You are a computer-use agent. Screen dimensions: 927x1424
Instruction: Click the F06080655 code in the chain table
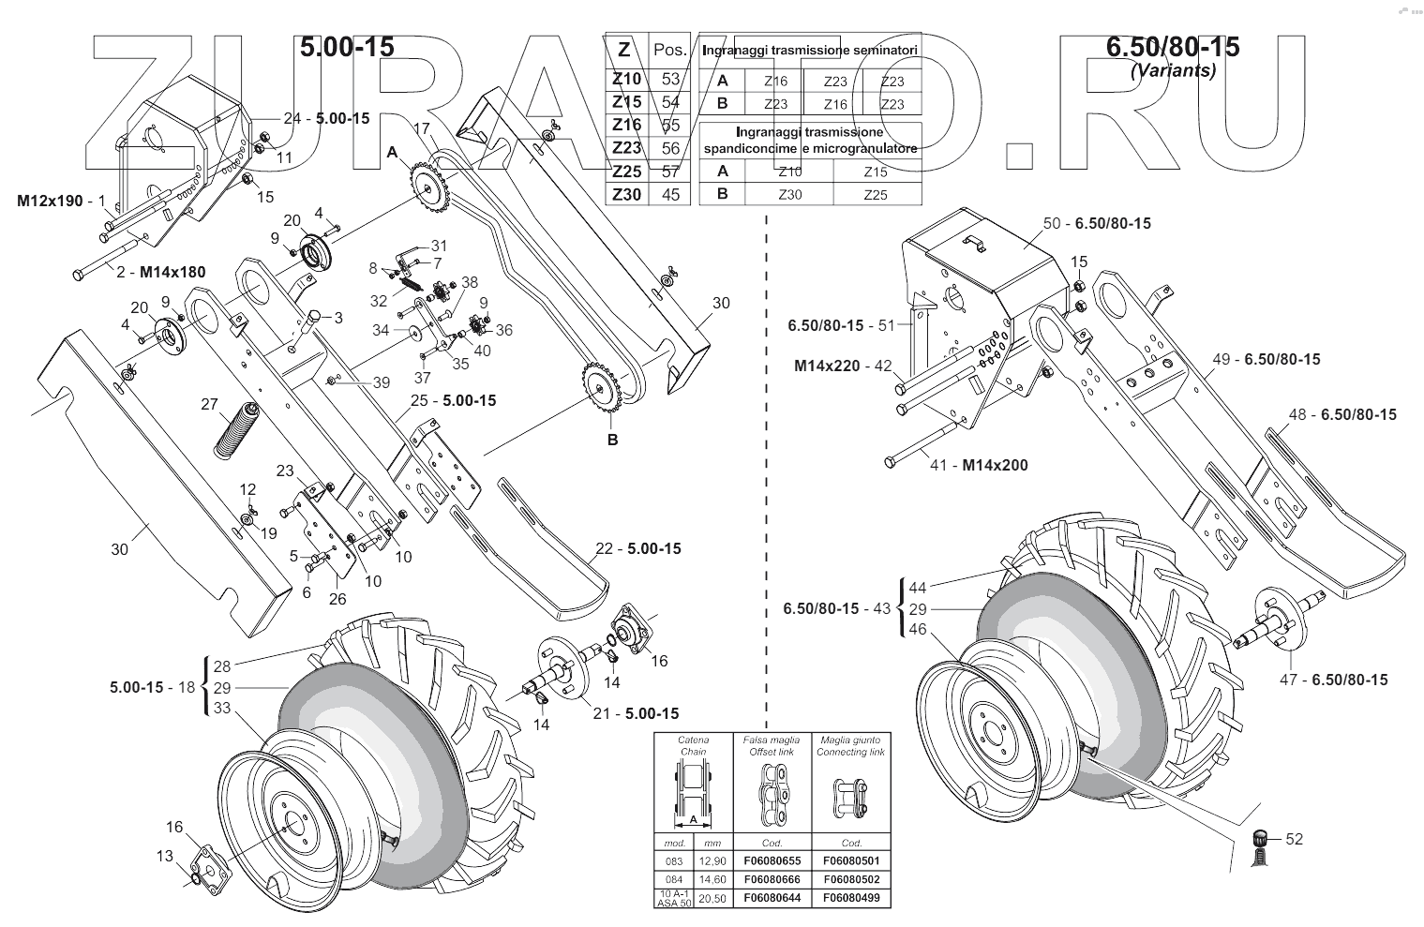(772, 860)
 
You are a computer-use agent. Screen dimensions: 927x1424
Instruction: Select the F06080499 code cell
(851, 898)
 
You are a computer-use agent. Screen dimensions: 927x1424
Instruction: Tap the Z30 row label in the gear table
(626, 194)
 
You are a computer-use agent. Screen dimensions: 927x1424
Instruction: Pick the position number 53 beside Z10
(670, 79)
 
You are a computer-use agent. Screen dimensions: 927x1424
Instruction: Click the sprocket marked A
(428, 190)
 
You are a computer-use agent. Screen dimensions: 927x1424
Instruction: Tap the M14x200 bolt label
(995, 465)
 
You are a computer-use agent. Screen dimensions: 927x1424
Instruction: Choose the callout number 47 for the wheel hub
(1290, 680)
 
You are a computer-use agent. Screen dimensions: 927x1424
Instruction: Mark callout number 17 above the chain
(420, 127)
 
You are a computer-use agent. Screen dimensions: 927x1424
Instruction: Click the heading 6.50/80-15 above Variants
(1172, 46)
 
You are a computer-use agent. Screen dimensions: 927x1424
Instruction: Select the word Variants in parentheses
(1173, 70)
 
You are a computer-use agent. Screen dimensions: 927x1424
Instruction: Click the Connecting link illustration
(849, 797)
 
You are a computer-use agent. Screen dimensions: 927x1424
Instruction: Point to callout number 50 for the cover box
(1051, 223)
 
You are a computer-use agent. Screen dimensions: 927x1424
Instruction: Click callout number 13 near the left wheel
(165, 855)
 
